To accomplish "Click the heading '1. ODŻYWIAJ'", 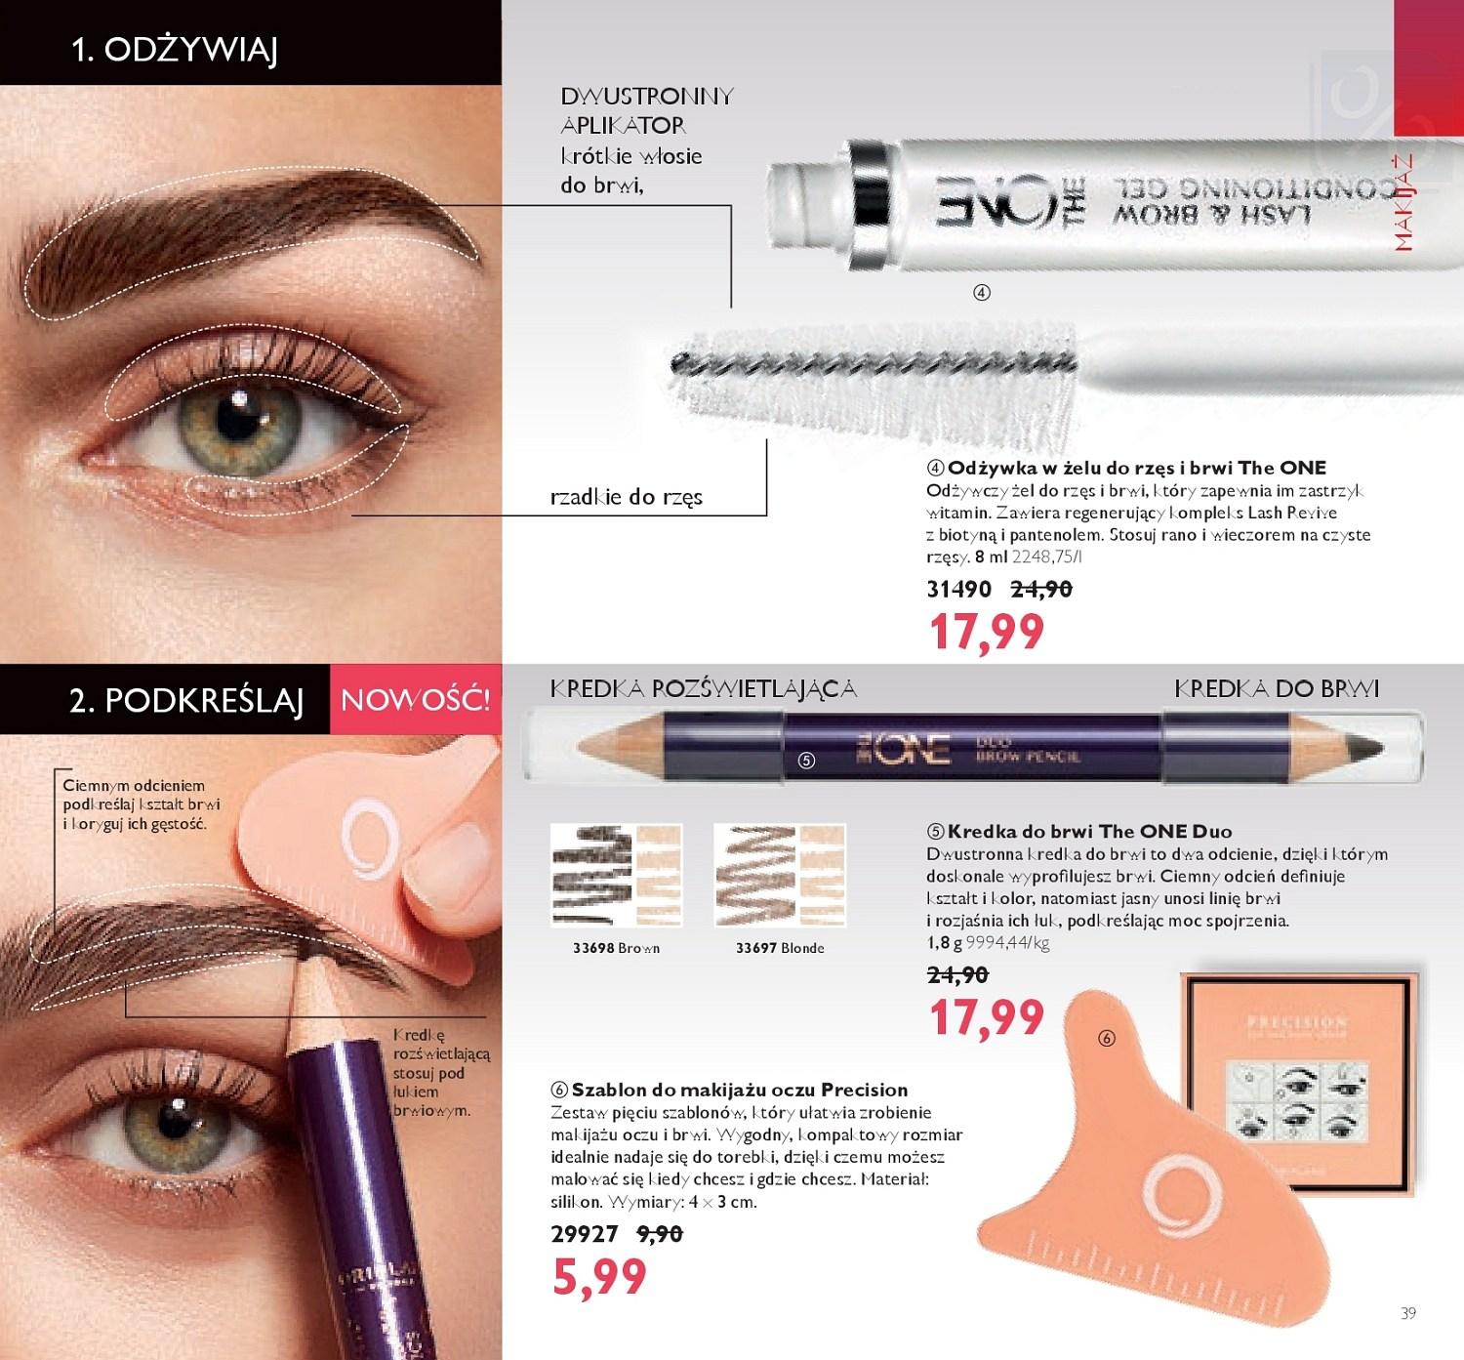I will coord(175,50).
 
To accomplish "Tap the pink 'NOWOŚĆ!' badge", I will coord(415,700).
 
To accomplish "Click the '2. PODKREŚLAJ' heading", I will coord(186,700).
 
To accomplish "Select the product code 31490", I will coord(959,589).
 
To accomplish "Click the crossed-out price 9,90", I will coord(659,1233).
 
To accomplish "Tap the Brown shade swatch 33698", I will coord(616,875).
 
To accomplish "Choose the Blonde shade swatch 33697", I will coord(779,875).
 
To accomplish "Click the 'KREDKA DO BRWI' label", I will coord(1277,688).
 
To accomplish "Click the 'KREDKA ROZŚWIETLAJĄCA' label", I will coord(704,688).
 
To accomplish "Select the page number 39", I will coord(1407,1313).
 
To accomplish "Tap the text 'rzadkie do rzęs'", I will coord(627,497).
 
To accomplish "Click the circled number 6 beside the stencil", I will coord(1106,1039).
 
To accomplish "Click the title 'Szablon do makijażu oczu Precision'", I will coord(739,1090).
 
